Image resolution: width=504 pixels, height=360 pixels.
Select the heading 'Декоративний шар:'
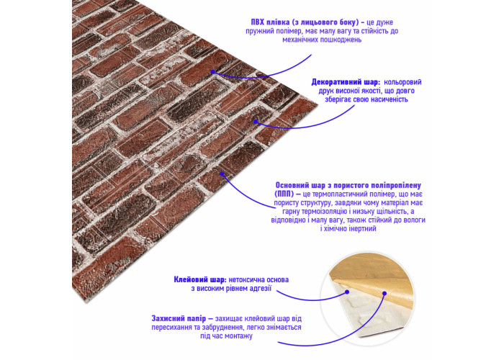coord(346,82)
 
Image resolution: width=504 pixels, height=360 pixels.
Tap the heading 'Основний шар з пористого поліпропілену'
coord(348,186)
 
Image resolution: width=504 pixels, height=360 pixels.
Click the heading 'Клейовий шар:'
coord(200,279)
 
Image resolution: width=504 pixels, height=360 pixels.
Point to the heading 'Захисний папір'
coord(179,318)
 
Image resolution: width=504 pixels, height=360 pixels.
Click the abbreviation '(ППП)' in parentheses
coord(284,194)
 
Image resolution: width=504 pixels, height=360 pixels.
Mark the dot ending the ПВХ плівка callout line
coord(213,72)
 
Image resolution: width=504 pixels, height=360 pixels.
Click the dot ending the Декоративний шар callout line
coord(256,122)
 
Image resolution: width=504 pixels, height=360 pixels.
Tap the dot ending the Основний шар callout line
coord(222,174)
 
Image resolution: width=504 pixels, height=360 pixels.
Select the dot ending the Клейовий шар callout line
coord(347,292)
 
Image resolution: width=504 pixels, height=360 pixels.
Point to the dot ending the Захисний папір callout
coord(384,293)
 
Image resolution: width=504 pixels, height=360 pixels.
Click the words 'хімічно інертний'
coord(348,229)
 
